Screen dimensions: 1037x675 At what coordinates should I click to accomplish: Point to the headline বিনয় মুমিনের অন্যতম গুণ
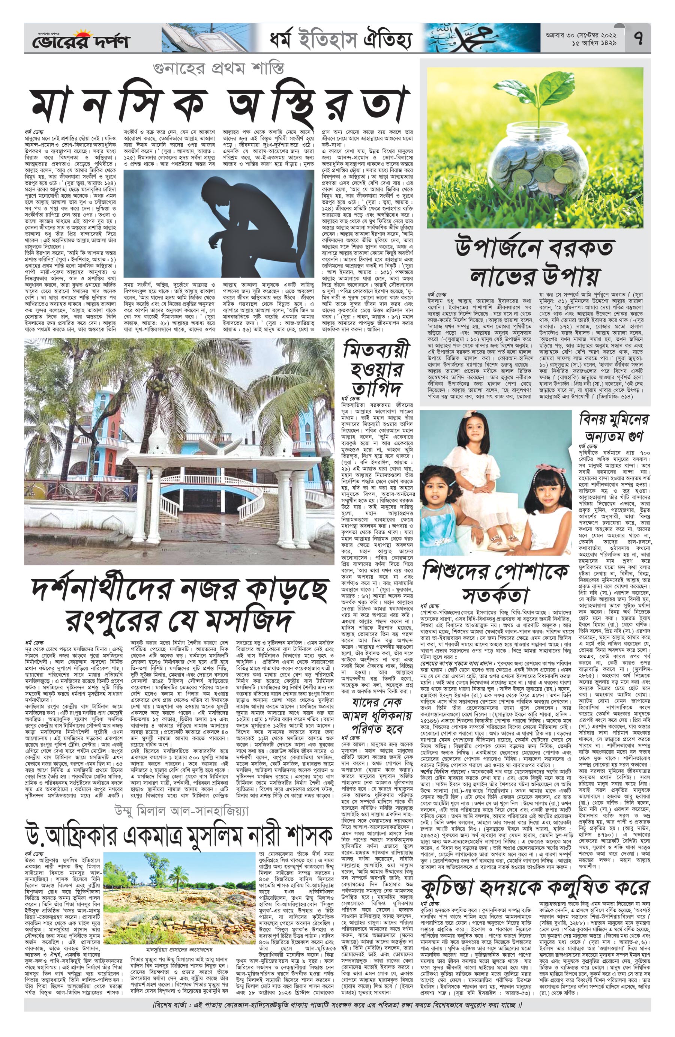point(613,427)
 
